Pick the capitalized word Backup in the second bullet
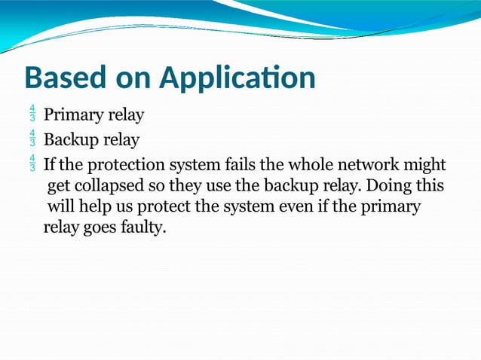pos(69,140)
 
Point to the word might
pos(426,164)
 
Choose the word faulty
pos(142,227)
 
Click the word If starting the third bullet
pos(49,163)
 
